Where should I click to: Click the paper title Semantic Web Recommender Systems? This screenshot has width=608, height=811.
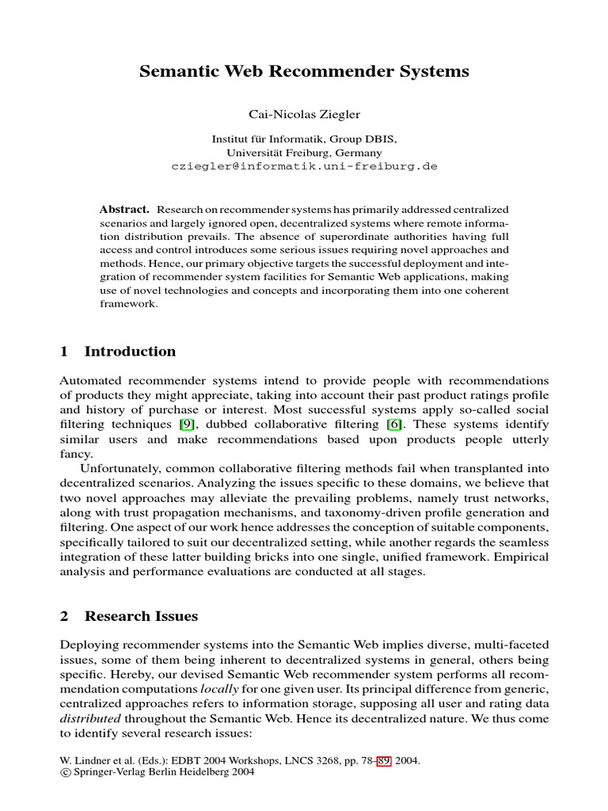(304, 72)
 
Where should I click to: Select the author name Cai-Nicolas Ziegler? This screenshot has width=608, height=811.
(304, 115)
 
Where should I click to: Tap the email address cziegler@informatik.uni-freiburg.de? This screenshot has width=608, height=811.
(304, 167)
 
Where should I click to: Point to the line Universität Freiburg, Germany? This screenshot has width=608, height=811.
(304, 153)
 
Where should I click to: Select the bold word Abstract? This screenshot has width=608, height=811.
(124, 209)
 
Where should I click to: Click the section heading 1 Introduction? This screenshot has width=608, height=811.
(119, 351)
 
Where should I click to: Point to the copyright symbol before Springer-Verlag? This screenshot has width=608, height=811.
(65, 774)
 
